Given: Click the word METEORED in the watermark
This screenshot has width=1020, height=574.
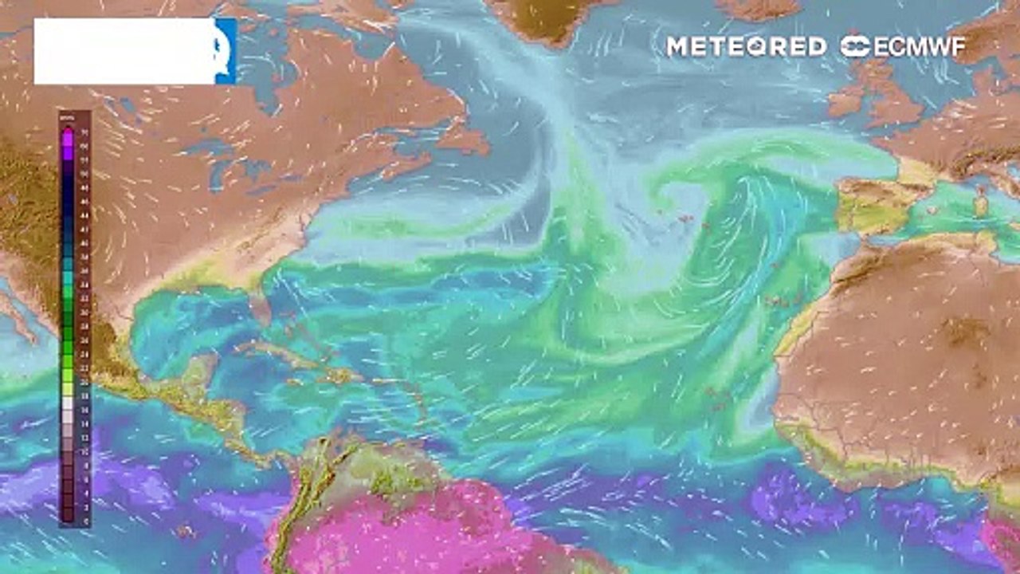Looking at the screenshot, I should click(746, 47).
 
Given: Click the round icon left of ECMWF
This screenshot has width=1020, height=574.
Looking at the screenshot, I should click(855, 47).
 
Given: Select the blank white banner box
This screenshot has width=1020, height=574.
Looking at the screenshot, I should click(124, 51).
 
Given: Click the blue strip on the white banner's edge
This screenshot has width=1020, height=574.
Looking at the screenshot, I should click(226, 51).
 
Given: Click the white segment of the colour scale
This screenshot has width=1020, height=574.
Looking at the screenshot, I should click(68, 403).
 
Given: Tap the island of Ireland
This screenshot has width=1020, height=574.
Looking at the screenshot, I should click(846, 99).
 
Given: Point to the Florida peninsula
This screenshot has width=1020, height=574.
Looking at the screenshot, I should click(257, 307).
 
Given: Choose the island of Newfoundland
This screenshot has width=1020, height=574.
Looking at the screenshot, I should click(462, 140).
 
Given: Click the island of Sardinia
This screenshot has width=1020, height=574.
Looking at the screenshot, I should click(981, 204).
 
